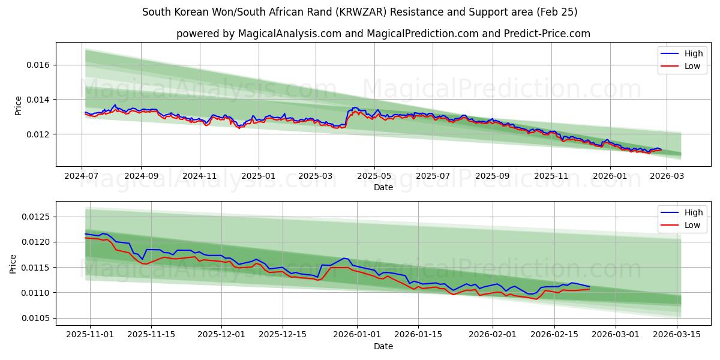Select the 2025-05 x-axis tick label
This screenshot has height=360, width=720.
click(374, 176)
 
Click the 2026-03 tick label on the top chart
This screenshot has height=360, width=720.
click(667, 176)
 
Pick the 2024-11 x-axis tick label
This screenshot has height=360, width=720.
click(199, 176)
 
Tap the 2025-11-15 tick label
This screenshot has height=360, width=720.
click(151, 335)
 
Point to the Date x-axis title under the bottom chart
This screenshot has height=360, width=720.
click(383, 346)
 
